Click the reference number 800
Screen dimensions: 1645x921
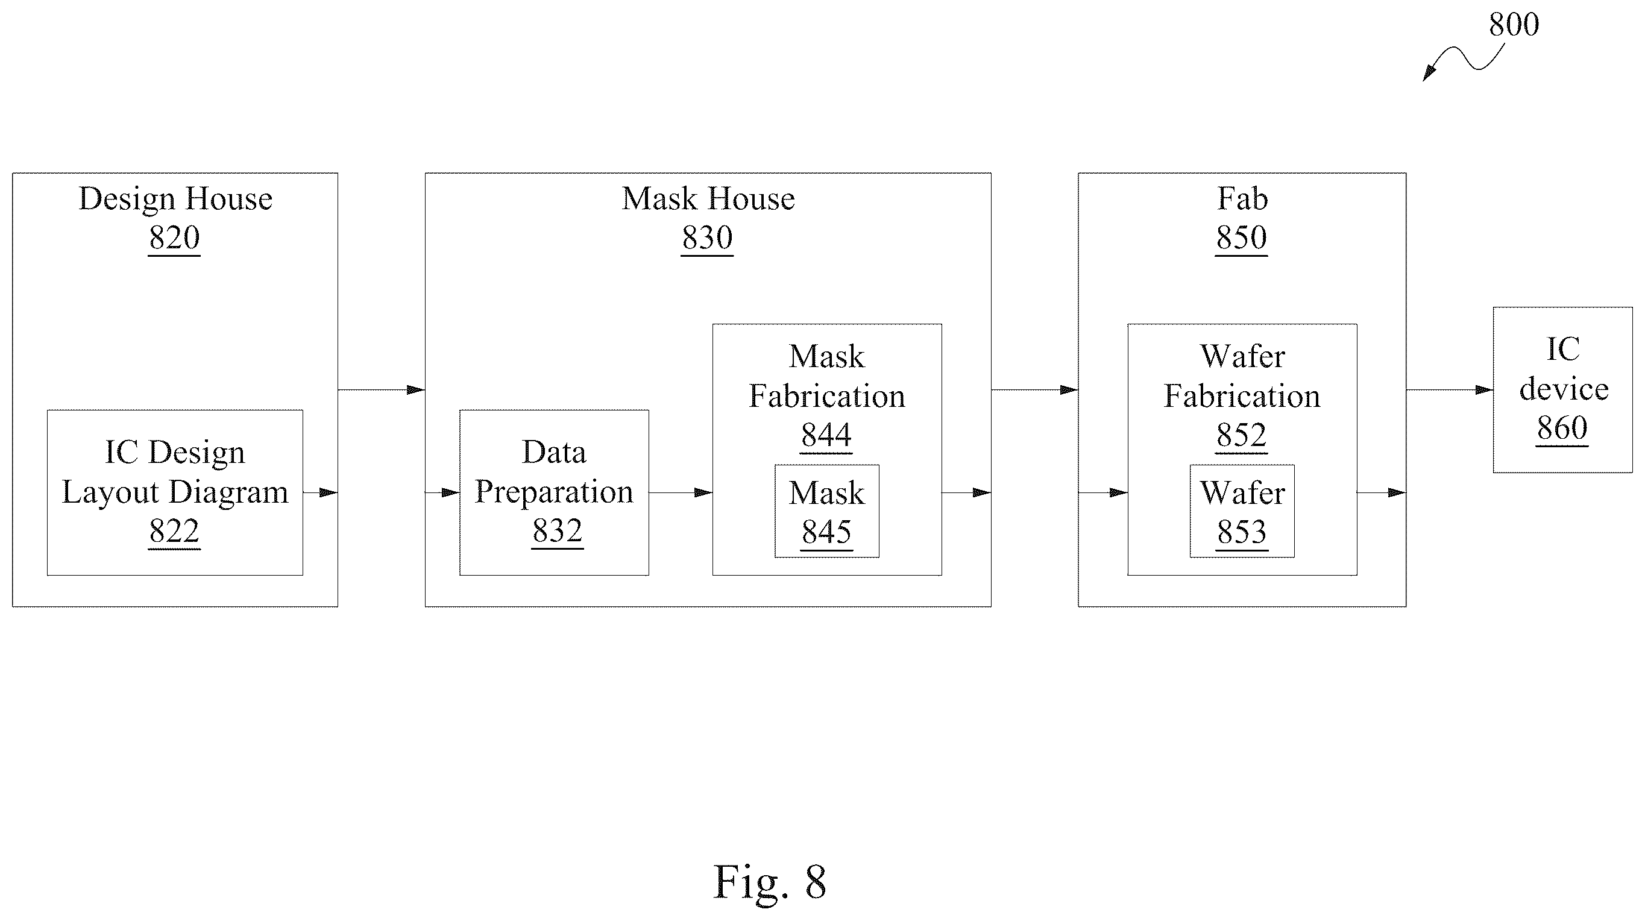point(1514,25)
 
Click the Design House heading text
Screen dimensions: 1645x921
point(175,200)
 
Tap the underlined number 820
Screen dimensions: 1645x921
point(174,237)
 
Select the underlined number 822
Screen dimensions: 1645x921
point(174,531)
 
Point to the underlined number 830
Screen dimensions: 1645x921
point(707,237)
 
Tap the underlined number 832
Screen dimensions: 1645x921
point(558,531)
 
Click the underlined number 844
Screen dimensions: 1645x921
point(826,436)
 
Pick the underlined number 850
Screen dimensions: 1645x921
point(1241,237)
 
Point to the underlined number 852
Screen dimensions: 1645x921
point(1241,436)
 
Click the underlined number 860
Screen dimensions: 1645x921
point(1562,428)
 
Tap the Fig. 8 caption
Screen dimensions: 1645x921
point(770,882)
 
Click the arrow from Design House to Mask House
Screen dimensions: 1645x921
point(381,389)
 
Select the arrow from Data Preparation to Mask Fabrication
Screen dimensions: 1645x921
point(681,492)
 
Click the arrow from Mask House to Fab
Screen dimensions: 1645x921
point(1034,389)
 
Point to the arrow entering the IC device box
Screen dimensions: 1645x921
point(1450,389)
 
